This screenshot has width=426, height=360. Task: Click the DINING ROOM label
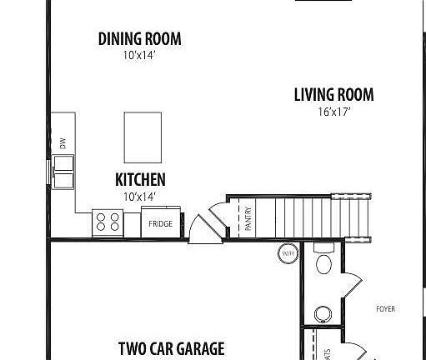pos(139,38)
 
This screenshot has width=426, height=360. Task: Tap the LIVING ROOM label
pos(333,95)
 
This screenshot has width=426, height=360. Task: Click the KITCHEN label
pos(140,179)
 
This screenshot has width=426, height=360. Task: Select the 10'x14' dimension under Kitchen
pos(140,197)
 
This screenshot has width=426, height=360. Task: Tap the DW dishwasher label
pos(63,143)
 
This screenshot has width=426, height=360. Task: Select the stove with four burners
pos(108,222)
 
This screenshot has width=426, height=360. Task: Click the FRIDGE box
pos(160,223)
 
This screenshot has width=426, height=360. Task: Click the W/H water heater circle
pos(288,254)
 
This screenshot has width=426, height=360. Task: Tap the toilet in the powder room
pos(323,263)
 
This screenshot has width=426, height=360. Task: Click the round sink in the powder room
pos(323,315)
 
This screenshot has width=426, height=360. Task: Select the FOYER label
pos(385,308)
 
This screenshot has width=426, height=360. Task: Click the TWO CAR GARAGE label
pos(171,347)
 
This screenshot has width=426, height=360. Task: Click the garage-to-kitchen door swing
pos(203,227)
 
